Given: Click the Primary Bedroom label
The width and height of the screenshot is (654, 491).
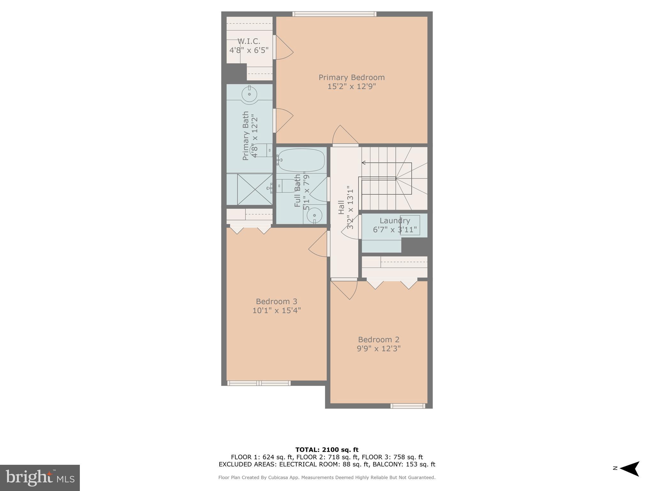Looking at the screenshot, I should pyautogui.click(x=352, y=78).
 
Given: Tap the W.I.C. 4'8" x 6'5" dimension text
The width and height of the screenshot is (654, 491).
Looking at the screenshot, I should pyautogui.click(x=249, y=50).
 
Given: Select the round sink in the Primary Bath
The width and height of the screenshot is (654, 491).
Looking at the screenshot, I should pyautogui.click(x=249, y=94).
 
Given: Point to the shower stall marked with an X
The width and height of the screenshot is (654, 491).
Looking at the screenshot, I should pyautogui.click(x=255, y=189).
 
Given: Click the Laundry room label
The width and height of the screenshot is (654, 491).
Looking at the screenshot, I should pyautogui.click(x=395, y=221).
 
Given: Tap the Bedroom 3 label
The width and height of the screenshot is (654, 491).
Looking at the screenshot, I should pyautogui.click(x=277, y=301).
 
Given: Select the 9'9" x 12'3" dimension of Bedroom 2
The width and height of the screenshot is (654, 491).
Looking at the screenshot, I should pyautogui.click(x=379, y=348).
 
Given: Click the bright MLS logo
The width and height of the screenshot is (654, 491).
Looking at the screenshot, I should pyautogui.click(x=40, y=478).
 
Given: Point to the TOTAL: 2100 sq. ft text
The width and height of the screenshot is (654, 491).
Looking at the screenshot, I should pyautogui.click(x=327, y=450).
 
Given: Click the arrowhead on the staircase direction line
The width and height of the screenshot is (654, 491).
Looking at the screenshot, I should pyautogui.click(x=363, y=163).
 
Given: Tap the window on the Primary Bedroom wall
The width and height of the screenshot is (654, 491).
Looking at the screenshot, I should pyautogui.click(x=334, y=14).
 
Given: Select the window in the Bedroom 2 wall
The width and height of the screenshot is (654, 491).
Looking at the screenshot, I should pyautogui.click(x=408, y=406).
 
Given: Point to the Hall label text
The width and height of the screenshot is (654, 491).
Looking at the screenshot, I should pyautogui.click(x=341, y=207).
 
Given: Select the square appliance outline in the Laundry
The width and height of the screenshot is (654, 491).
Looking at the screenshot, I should pyautogui.click(x=410, y=225).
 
